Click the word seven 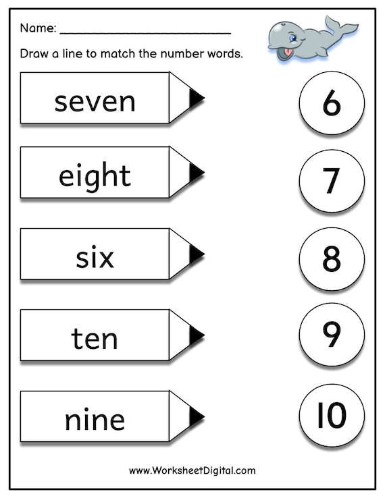pyautogui.click(x=95, y=102)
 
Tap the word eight pyautogui.click(x=95, y=176)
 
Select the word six pyautogui.click(x=95, y=257)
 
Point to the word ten pyautogui.click(x=95, y=338)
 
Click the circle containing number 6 pyautogui.click(x=332, y=103)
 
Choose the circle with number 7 pyautogui.click(x=332, y=180)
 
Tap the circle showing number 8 pyautogui.click(x=332, y=258)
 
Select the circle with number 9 pyautogui.click(x=332, y=334)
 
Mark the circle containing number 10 pyautogui.click(x=332, y=415)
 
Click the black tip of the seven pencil pyautogui.click(x=195, y=98)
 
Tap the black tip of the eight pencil pyautogui.click(x=195, y=173)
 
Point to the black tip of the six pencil pyautogui.click(x=195, y=254)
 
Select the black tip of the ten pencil pyautogui.click(x=195, y=335)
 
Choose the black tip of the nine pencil pyautogui.click(x=195, y=417)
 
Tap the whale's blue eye pyautogui.click(x=292, y=38)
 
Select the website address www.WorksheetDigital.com pyautogui.click(x=192, y=470)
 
